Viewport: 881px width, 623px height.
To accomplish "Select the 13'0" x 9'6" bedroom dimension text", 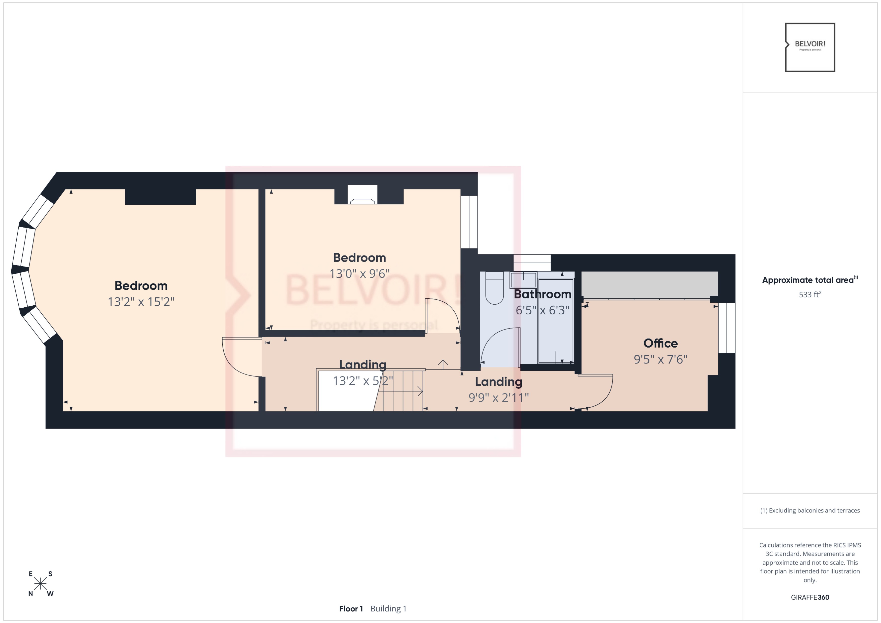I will [x=359, y=274].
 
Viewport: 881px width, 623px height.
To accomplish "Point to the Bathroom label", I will [x=542, y=294].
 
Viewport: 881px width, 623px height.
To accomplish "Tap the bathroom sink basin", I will [x=523, y=280].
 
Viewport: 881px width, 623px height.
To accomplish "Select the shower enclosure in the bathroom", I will [x=556, y=321].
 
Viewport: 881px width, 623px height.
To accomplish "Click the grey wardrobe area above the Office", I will [x=649, y=284].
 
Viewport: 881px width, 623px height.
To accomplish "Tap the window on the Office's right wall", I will [x=726, y=328].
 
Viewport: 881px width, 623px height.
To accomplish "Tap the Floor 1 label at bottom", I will [x=351, y=609].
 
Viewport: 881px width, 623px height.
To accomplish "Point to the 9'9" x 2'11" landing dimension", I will [x=498, y=398].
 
